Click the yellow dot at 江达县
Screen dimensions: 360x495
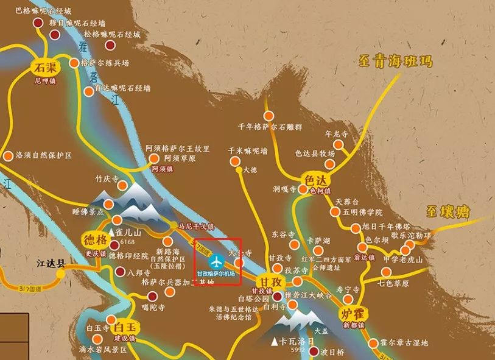point(61,274)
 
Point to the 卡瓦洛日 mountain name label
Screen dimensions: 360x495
point(298,340)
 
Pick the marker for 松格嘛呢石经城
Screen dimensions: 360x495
point(110,44)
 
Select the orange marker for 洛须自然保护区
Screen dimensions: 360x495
point(8,156)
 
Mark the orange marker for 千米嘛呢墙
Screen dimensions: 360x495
point(235,161)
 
